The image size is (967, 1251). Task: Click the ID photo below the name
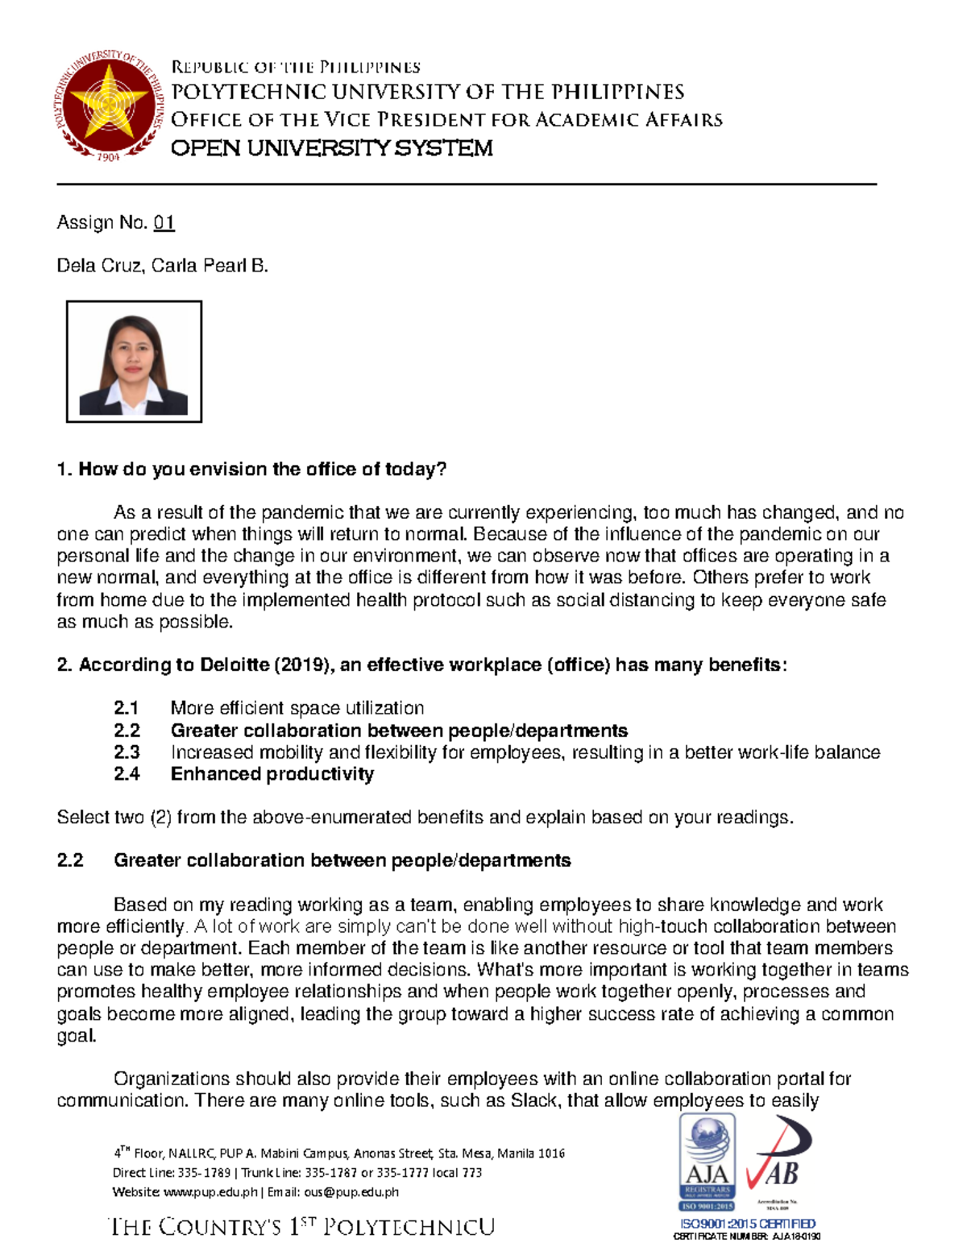[134, 362]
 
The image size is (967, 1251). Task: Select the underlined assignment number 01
[164, 222]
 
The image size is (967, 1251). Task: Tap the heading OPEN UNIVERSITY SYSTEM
[331, 148]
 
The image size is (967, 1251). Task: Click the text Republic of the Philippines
[295, 66]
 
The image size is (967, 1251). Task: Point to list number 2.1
[127, 708]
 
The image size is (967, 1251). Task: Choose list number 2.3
[127, 752]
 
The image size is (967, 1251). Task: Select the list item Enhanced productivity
[272, 774]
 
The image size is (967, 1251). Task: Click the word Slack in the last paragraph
[533, 1100]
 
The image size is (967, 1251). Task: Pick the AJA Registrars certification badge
[707, 1162]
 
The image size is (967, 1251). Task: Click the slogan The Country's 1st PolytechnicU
[301, 1227]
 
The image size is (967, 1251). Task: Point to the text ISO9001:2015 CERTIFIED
[747, 1224]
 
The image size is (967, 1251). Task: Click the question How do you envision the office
[251, 470]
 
